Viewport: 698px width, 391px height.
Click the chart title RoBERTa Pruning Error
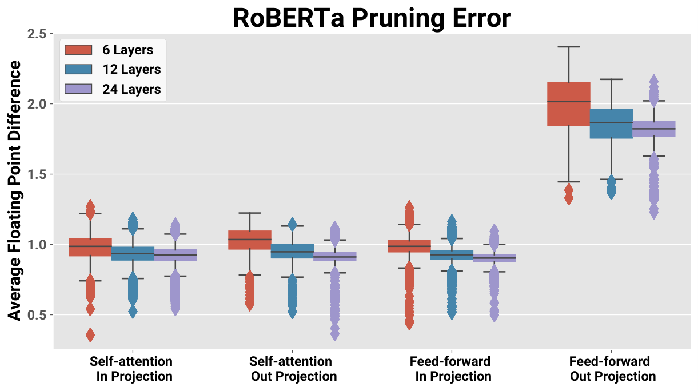coord(372,18)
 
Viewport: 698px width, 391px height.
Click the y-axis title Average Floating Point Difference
coord(14,191)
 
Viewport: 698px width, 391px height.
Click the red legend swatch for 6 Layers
coord(78,50)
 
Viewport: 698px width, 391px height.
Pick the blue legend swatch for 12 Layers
coord(78,69)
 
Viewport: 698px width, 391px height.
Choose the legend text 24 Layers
coord(131,89)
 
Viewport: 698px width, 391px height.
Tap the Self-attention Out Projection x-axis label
coord(292,369)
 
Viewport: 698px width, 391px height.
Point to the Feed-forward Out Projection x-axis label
coord(611,369)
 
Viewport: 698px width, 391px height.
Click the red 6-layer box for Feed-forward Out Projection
coord(569,104)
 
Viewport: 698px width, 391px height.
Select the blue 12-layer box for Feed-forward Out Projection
coord(611,123)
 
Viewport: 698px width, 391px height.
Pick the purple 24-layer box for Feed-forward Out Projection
coord(654,129)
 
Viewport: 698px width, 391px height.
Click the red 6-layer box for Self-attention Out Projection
coord(250,240)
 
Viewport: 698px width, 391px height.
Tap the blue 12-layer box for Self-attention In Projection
coord(133,254)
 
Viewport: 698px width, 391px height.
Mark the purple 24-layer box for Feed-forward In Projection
coord(494,258)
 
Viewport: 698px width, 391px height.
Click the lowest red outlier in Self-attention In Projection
coord(90,335)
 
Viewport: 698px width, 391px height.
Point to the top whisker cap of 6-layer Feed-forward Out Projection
coord(569,47)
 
